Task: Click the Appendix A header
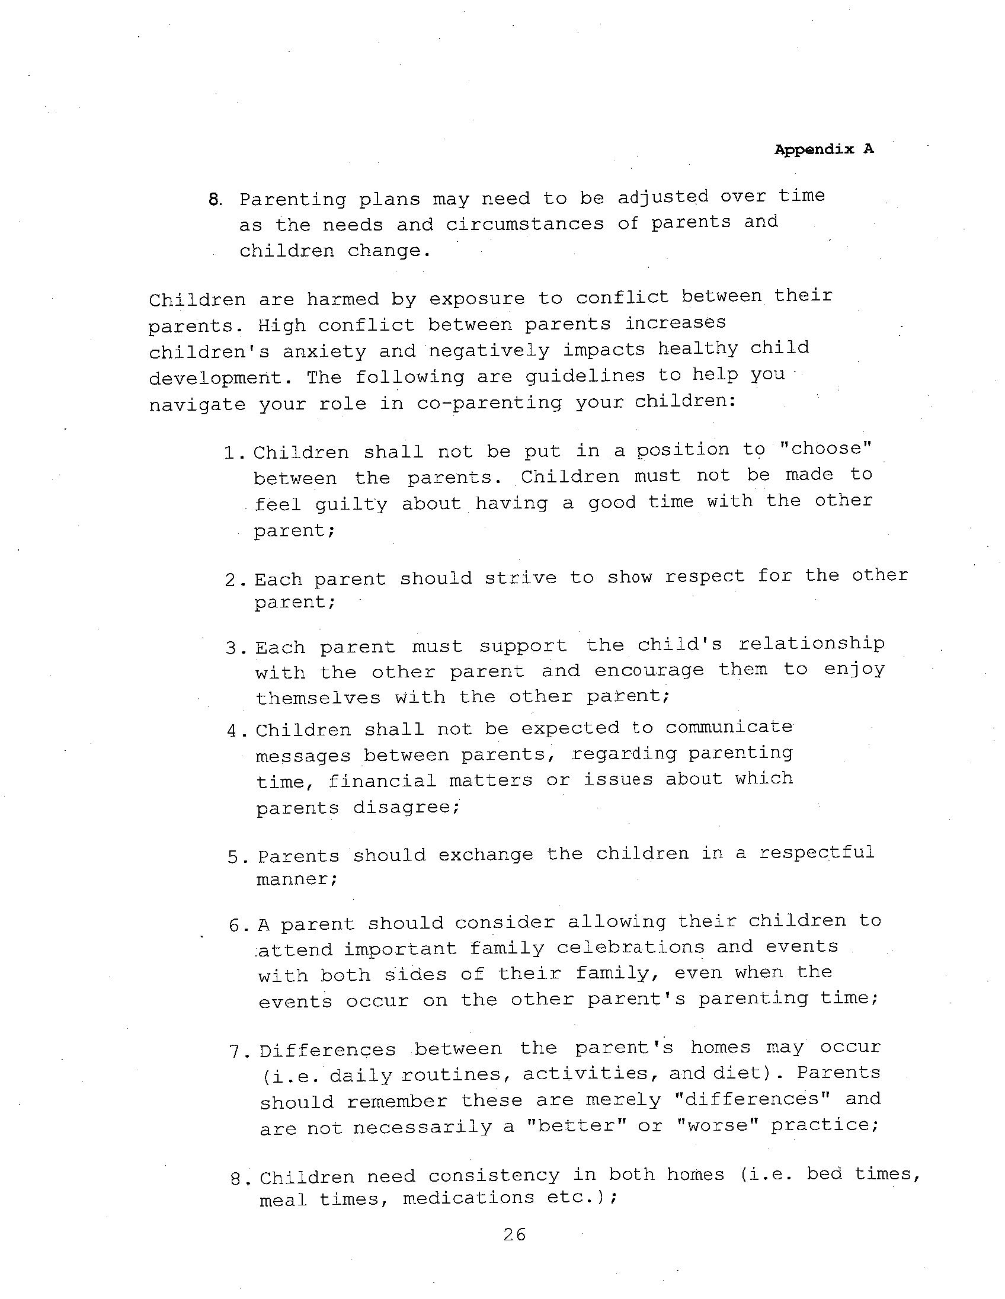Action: (824, 149)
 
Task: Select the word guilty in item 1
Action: (351, 504)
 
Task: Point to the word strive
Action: (520, 577)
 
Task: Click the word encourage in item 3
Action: (649, 670)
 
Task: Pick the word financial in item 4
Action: (382, 780)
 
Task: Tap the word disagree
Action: (407, 807)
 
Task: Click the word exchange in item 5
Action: (486, 855)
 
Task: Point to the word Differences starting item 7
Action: (328, 1050)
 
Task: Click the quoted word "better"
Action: (575, 1125)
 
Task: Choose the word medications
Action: (469, 1197)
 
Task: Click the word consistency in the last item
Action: (494, 1175)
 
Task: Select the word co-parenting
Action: (489, 402)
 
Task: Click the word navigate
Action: (197, 404)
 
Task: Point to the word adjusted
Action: (663, 197)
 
